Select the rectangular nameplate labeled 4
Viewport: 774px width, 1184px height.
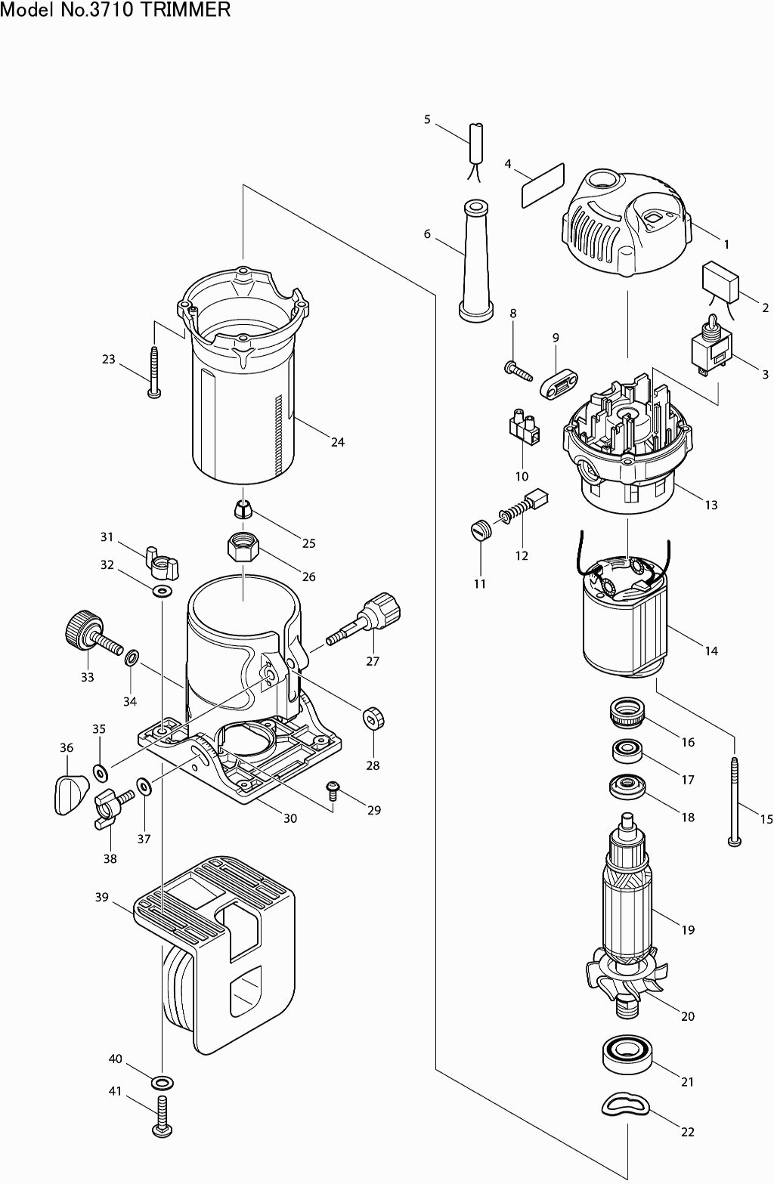543,184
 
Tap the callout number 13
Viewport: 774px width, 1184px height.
711,505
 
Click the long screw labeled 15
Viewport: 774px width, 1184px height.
734,801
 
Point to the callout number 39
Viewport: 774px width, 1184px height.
101,897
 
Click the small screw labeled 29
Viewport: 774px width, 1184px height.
333,790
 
